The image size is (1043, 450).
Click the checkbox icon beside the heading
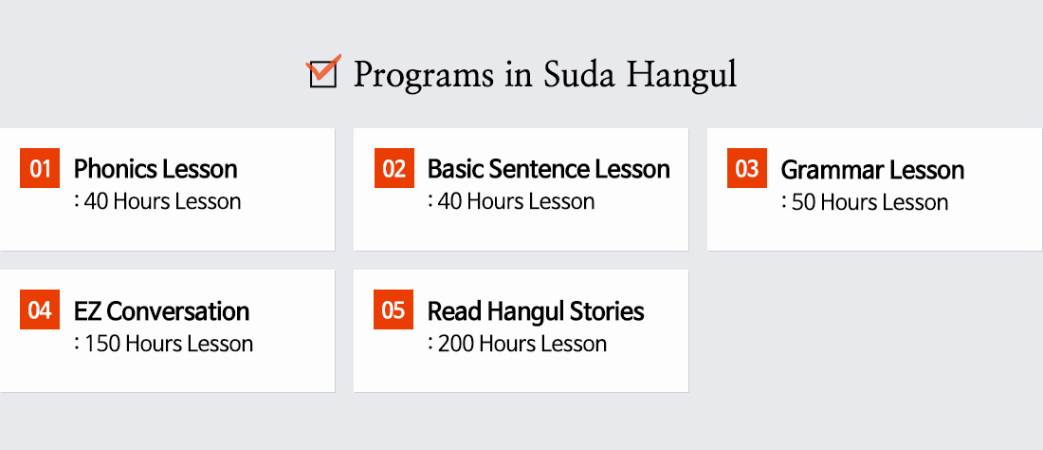(x=324, y=72)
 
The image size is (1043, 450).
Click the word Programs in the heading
(x=423, y=75)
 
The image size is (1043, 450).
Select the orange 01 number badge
(x=40, y=168)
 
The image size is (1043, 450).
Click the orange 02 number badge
(x=393, y=168)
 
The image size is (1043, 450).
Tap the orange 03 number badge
(x=747, y=168)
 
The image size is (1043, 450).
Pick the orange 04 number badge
(x=40, y=309)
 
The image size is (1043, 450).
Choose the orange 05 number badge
(x=393, y=309)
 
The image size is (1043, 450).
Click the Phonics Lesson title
(x=156, y=169)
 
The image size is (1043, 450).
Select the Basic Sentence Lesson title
(x=549, y=169)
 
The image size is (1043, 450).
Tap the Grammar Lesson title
(x=872, y=170)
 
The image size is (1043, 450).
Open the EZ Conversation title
(x=161, y=310)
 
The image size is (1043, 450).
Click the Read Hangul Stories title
(x=536, y=310)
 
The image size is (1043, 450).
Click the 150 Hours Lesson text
(x=169, y=344)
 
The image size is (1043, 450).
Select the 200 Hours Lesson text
(x=522, y=344)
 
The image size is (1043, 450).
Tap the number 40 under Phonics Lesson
(x=96, y=201)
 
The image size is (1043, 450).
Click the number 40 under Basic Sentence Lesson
(x=449, y=201)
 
